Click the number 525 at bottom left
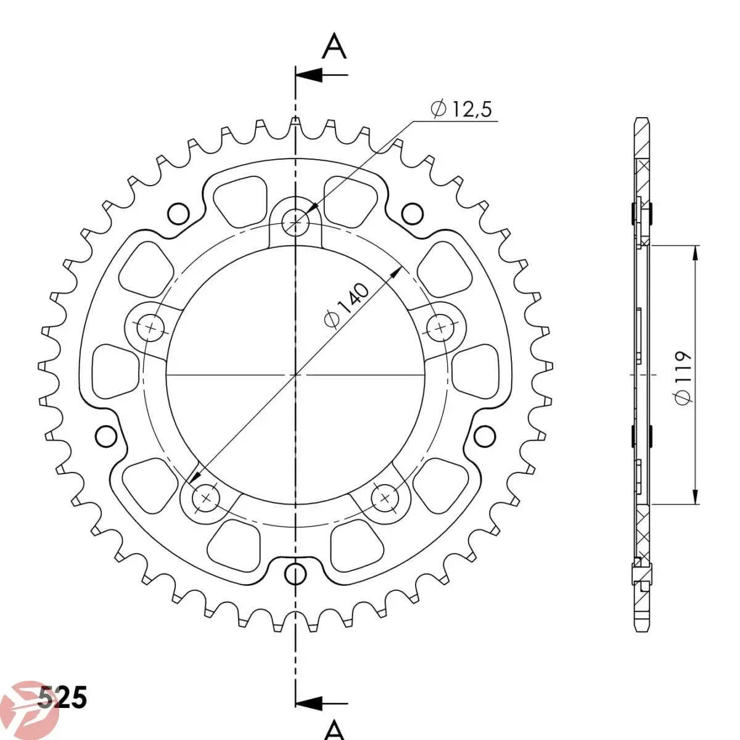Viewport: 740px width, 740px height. click(62, 699)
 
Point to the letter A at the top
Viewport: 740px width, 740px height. click(334, 47)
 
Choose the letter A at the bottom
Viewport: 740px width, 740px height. click(334, 730)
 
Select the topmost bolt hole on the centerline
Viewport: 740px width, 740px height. click(296, 221)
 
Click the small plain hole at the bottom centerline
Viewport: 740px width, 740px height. click(296, 573)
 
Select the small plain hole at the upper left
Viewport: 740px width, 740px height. click(178, 213)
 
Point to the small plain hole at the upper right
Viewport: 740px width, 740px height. click(413, 213)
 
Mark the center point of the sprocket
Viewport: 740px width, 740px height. click(296, 374)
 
